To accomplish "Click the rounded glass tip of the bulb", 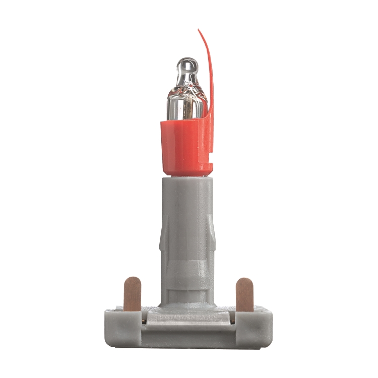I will (187, 66).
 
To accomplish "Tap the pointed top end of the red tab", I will (200, 31).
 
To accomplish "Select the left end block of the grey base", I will (121, 328).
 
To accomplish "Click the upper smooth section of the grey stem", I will (187, 202).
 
